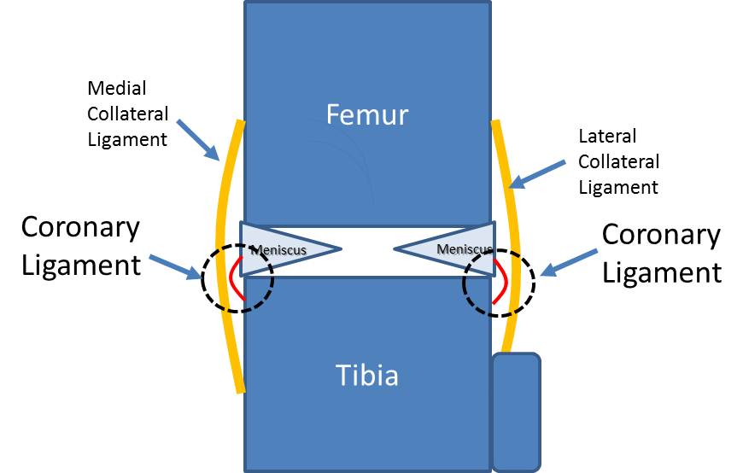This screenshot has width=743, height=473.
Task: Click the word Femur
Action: pos(367,114)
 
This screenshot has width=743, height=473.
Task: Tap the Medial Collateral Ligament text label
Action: pos(128,114)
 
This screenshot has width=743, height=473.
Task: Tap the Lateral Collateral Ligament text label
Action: pos(619,161)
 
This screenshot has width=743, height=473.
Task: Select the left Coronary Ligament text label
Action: pos(80,246)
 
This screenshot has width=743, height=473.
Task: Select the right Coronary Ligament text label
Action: pos(661,253)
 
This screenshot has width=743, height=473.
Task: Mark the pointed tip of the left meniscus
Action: pos(340,249)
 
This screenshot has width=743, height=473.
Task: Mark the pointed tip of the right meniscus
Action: pos(396,249)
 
